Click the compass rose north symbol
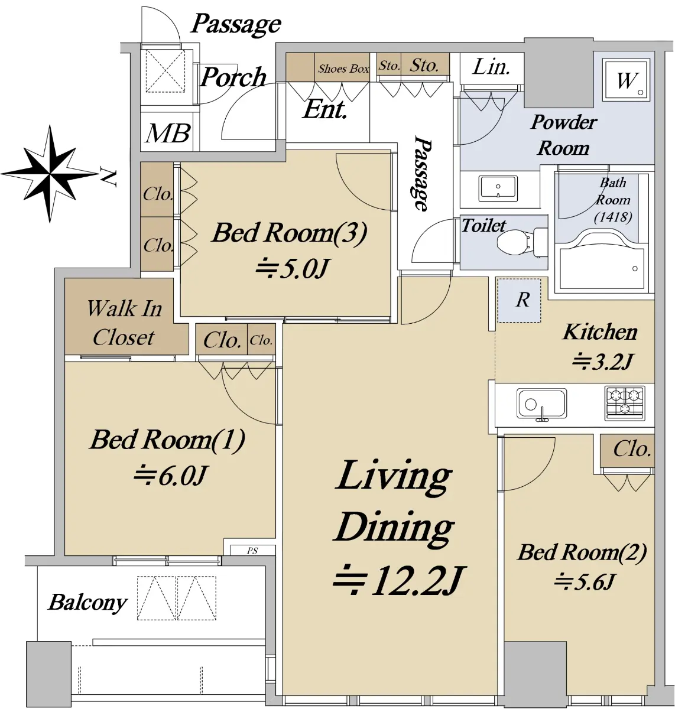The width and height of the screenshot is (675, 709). coord(50,174)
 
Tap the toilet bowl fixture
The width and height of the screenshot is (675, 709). coord(522,242)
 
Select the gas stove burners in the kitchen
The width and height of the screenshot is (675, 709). coord(625,403)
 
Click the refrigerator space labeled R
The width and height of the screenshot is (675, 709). coord(519,300)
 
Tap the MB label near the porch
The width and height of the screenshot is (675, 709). coord(168,133)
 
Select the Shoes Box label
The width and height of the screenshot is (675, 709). coord(343,69)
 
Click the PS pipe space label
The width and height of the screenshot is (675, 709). coord(252,551)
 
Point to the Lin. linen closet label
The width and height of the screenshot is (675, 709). coord(491,67)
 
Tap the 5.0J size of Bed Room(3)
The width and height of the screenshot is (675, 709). coord(293,269)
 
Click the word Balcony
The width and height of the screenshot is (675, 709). coord(87,603)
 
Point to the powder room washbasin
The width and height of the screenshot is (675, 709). coord(498,188)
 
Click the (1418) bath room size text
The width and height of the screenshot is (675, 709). coord(613,217)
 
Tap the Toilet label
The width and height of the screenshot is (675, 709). coord(484,226)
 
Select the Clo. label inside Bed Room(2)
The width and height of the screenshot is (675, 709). coord(632,450)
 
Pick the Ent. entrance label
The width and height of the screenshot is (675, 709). coord(325,110)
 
